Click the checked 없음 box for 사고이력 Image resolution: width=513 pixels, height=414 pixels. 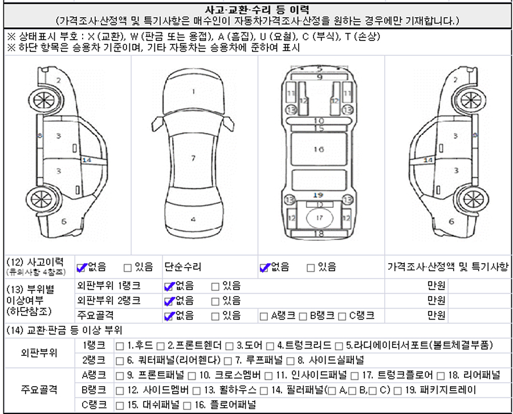pos(80,267)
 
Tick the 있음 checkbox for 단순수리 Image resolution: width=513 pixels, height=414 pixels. pos(311,267)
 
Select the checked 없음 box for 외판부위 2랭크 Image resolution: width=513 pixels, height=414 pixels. pos(168,301)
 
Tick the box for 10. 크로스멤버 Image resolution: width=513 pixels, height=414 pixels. pos(192,376)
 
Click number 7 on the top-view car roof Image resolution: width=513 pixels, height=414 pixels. pos(193,158)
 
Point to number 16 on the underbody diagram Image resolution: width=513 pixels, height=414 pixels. pos(319,149)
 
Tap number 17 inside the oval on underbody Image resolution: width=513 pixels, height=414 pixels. pos(319,218)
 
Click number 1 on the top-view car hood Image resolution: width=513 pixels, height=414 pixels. pos(193,91)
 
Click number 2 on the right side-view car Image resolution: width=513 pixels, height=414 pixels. pos(454,80)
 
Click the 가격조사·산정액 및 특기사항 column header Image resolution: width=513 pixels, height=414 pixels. pos(447,267)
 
